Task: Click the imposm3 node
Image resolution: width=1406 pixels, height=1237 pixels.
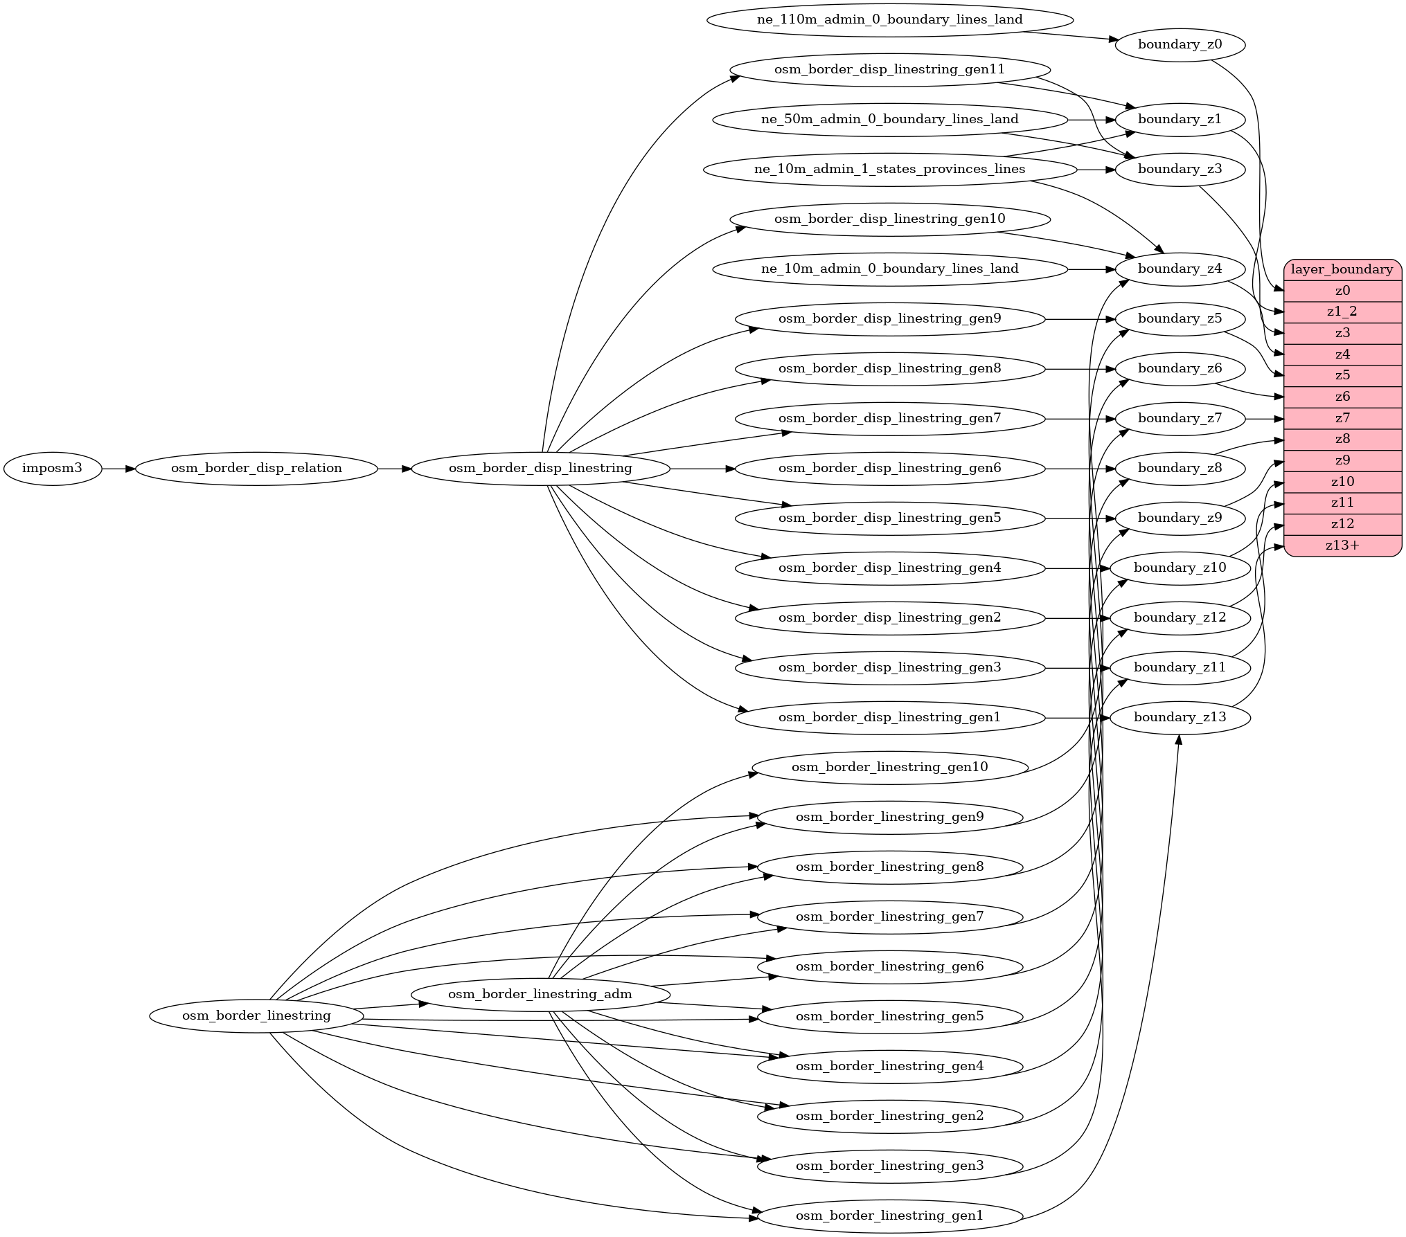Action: pos(52,469)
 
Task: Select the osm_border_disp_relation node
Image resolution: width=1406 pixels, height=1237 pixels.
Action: pos(256,469)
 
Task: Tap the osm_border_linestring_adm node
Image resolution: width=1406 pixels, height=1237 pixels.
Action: pos(540,995)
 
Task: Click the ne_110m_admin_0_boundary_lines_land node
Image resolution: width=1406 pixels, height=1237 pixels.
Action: pos(889,20)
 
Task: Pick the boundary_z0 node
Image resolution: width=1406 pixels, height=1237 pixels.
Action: pos(1180,45)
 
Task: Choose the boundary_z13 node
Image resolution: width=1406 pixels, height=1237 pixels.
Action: pos(1180,718)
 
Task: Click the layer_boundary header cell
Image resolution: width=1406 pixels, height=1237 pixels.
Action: pos(1342,270)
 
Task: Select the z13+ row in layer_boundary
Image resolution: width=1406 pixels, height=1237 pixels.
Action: pos(1342,545)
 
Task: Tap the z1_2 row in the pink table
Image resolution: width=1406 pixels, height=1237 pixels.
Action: pos(1342,312)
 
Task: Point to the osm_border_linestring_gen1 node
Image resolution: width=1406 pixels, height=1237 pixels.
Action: pos(889,1216)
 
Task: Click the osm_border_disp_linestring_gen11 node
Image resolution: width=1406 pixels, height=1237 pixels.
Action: pos(889,70)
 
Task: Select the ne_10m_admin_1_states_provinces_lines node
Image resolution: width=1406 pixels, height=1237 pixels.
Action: pos(889,170)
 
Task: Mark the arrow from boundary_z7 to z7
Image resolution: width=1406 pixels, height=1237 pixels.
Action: pos(1265,419)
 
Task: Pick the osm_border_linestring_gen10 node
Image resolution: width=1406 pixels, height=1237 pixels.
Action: pos(889,768)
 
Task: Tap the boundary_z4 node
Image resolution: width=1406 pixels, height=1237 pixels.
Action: pos(1180,269)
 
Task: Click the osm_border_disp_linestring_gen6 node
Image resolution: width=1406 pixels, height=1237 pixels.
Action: pos(889,469)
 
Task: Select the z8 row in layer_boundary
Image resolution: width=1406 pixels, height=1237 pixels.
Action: pos(1342,440)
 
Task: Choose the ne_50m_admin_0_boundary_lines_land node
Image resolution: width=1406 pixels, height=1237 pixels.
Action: pos(889,120)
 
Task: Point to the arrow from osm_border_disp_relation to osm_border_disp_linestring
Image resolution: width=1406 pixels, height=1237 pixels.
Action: pos(395,469)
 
